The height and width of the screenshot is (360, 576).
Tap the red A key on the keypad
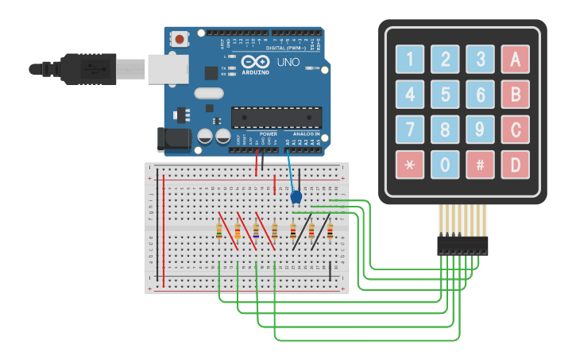click(x=515, y=58)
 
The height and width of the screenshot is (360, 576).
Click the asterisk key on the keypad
click(x=410, y=165)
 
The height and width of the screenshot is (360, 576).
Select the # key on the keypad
click(x=480, y=165)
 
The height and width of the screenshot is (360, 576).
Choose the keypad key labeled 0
click(x=445, y=165)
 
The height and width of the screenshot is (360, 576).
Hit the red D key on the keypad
click(x=515, y=165)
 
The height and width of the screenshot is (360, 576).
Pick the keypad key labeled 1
click(x=410, y=58)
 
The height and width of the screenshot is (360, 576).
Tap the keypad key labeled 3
click(x=480, y=58)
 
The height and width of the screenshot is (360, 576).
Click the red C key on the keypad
click(x=515, y=129)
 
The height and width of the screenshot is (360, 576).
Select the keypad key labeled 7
click(x=410, y=129)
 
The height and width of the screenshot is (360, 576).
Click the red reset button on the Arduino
click(x=180, y=39)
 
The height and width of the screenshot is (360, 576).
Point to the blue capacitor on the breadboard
click(x=296, y=196)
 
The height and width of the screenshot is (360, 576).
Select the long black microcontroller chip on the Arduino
click(x=276, y=117)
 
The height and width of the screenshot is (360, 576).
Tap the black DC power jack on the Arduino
click(x=173, y=138)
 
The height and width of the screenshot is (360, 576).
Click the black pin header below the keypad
click(x=462, y=246)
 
